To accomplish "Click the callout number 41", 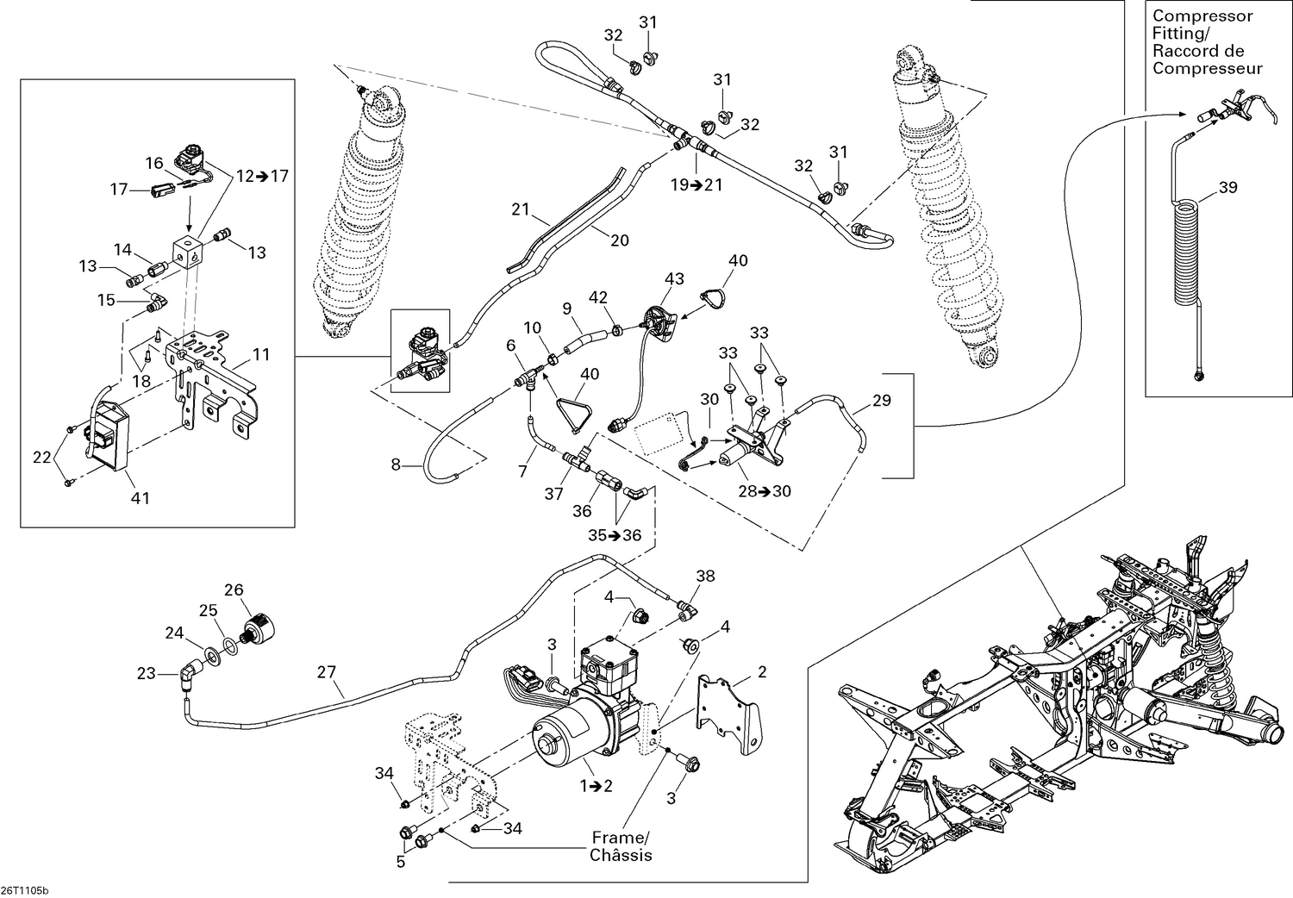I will pyautogui.click(x=140, y=498).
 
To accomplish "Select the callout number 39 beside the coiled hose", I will pyautogui.click(x=1227, y=187).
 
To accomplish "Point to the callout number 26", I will pyautogui.click(x=234, y=590).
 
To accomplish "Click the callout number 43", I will pyautogui.click(x=673, y=278).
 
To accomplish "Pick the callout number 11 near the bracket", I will pyautogui.click(x=260, y=354).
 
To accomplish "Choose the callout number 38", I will pyautogui.click(x=706, y=577).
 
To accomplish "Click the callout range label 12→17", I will pyautogui.click(x=262, y=176).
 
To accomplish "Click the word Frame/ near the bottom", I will pyautogui.click(x=620, y=838).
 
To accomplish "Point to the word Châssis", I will pyautogui.click(x=621, y=856).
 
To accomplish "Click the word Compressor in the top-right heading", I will pyautogui.click(x=1202, y=16).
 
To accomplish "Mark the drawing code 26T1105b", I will pyautogui.click(x=25, y=890).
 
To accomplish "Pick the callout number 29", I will pyautogui.click(x=882, y=401).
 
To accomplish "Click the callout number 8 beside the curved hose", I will pyautogui.click(x=396, y=465).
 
